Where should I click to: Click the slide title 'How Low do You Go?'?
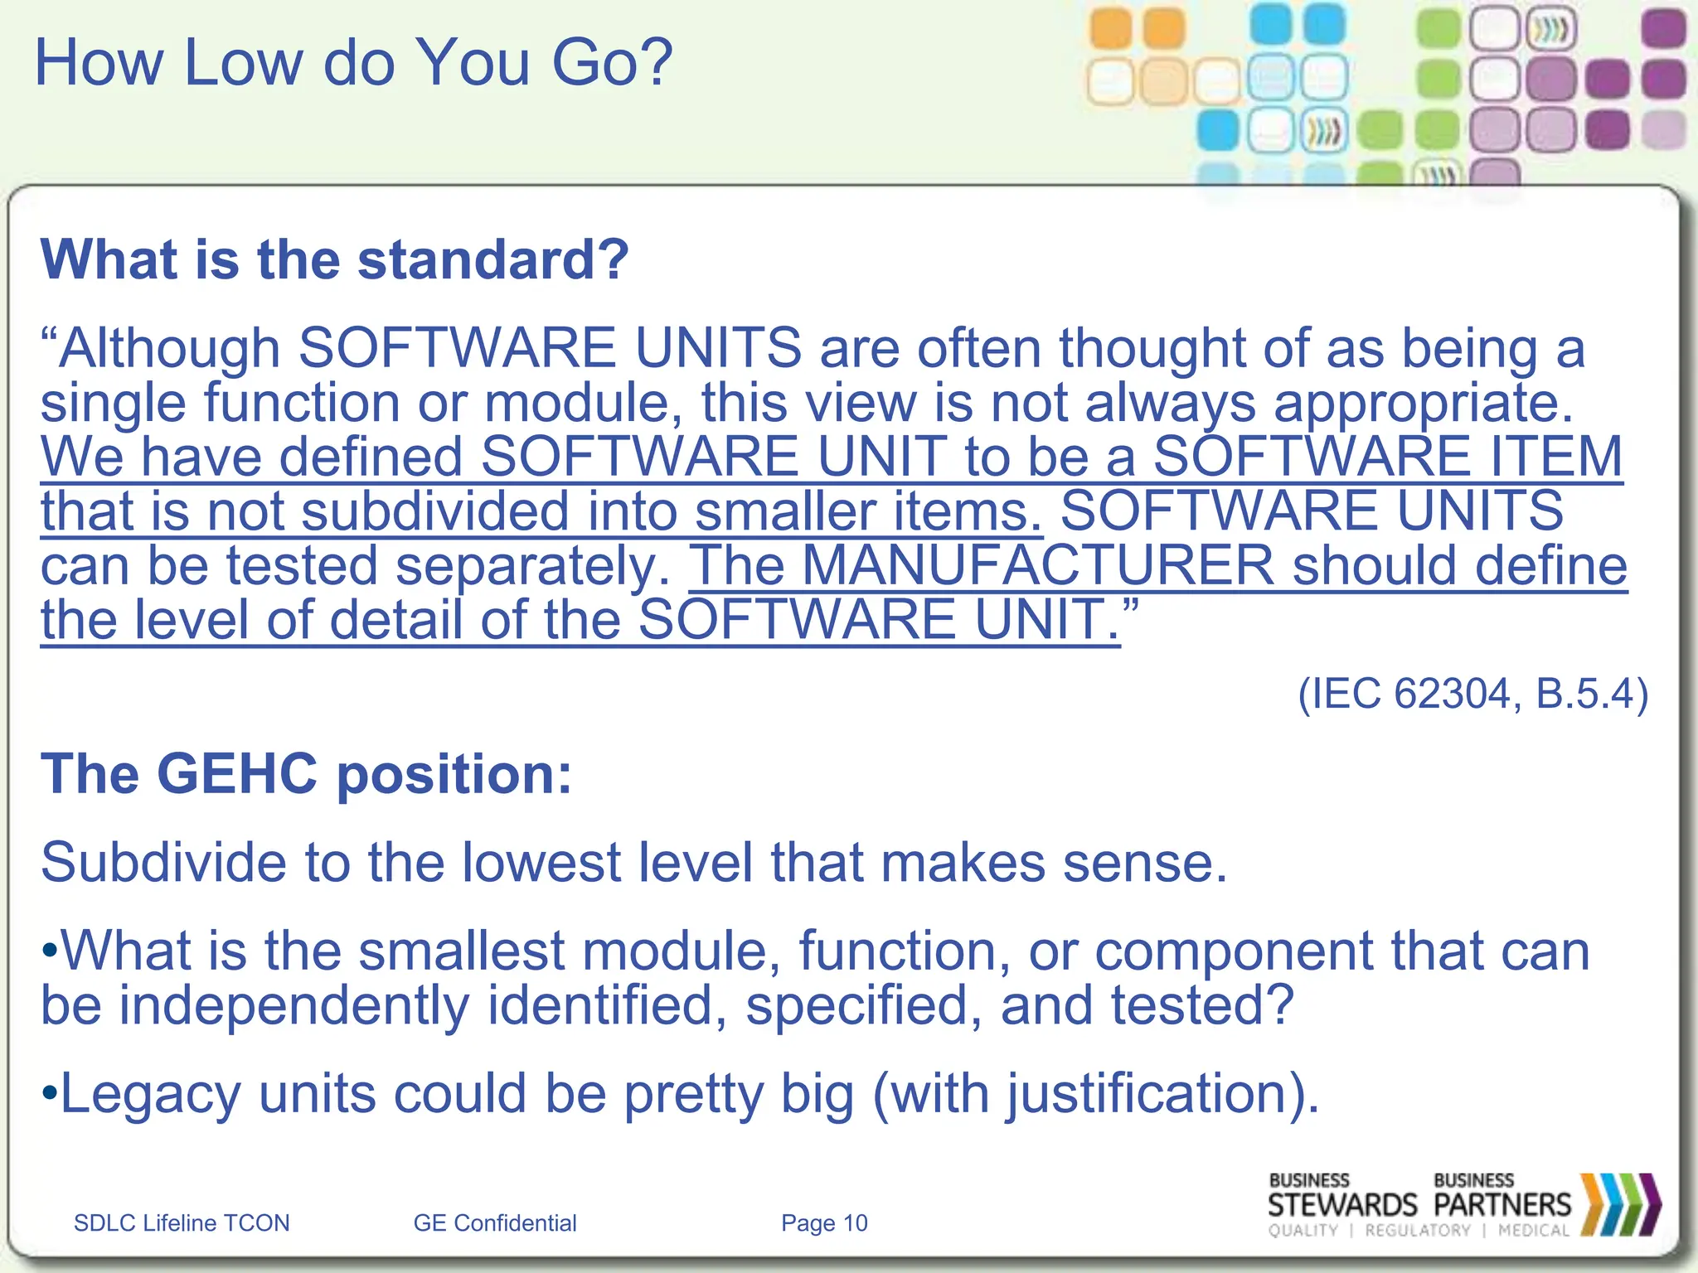[x=353, y=63]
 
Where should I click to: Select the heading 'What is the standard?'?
[x=335, y=260]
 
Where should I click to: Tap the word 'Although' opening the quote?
[x=169, y=348]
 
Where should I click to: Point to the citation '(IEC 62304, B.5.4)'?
[x=1472, y=694]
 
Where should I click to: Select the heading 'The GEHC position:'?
[x=306, y=774]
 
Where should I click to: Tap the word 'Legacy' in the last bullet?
[x=150, y=1094]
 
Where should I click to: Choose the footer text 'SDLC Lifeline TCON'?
[x=182, y=1223]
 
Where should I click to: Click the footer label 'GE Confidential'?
[x=495, y=1223]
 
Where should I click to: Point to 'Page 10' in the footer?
[x=824, y=1223]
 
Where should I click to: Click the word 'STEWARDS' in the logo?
[x=1342, y=1205]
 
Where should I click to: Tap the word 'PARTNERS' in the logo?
[x=1502, y=1205]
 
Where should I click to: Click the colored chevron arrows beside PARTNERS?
[x=1620, y=1204]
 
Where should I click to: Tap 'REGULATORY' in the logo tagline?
[x=1417, y=1231]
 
